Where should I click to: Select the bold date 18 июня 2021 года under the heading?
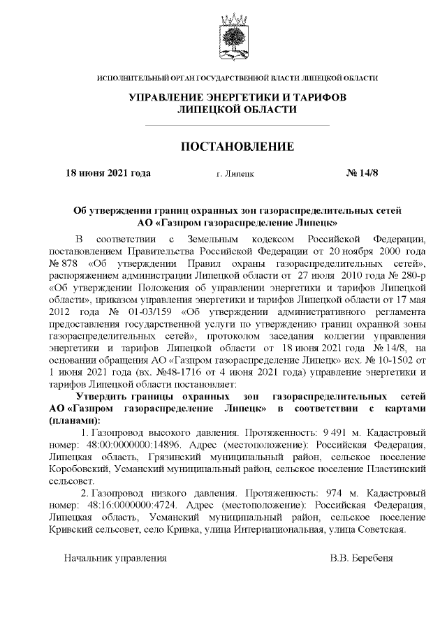click(x=108, y=172)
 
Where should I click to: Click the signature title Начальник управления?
click(x=115, y=559)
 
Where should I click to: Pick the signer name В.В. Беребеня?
click(x=362, y=559)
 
